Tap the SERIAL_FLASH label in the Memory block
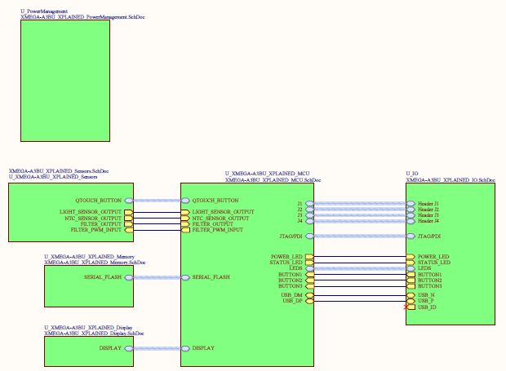click(x=102, y=277)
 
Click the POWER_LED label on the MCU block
click(x=286, y=257)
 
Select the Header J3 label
click(x=428, y=215)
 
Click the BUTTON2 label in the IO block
click(x=429, y=280)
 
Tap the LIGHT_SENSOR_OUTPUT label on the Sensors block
click(x=91, y=212)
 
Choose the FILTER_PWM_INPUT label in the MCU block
click(x=217, y=230)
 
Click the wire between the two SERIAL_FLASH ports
click(x=155, y=277)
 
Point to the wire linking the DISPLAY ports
click(x=155, y=347)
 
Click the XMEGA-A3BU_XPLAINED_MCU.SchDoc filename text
click(x=267, y=179)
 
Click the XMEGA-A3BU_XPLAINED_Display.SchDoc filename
click(x=95, y=332)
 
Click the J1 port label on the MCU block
click(x=300, y=203)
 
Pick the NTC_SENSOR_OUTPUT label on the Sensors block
click(x=92, y=218)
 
